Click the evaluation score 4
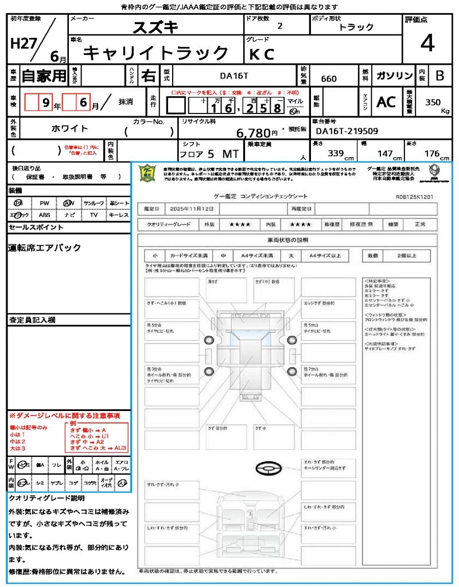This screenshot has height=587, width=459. (426, 43)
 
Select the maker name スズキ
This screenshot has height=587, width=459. (155, 27)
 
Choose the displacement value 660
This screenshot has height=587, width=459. (329, 79)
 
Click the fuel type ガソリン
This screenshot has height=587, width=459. (394, 76)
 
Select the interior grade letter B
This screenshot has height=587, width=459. (439, 76)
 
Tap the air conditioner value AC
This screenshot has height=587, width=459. (386, 102)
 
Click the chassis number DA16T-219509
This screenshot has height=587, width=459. (347, 131)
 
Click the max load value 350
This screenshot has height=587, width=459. (433, 103)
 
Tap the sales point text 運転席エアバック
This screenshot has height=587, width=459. (45, 248)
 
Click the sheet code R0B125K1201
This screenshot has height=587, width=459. (414, 196)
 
